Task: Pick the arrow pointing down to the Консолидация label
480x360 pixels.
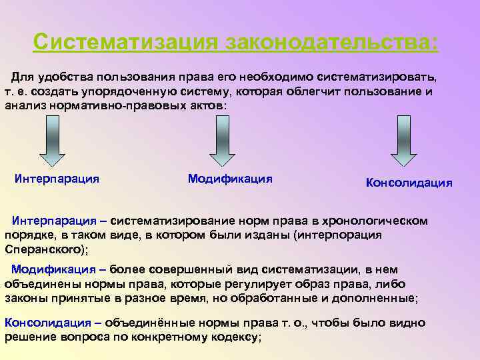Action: pos(403,140)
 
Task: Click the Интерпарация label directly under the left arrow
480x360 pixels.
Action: pos(57,178)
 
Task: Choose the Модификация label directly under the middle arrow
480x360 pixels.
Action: pos(230,178)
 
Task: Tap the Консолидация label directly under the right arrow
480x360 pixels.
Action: pos(409,183)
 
